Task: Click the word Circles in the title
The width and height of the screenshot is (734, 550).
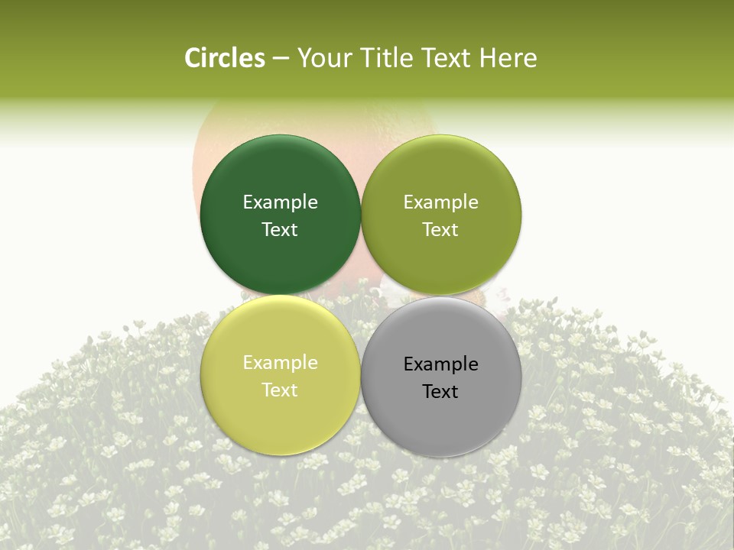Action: pos(224,58)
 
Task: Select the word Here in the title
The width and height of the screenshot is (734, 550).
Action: pos(508,58)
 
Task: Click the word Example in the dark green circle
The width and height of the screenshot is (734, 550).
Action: pos(280,202)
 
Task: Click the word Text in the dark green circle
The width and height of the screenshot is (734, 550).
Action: pos(280,230)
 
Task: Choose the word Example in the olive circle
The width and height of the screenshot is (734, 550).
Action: pos(440,202)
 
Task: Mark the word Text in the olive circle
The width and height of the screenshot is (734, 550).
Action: pos(440,230)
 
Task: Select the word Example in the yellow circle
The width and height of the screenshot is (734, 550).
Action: pos(280,363)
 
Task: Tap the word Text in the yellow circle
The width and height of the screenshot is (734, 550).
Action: pos(280,390)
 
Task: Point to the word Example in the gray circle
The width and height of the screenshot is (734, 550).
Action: pos(440,364)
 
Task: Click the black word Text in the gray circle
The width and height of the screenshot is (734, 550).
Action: pos(440,392)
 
